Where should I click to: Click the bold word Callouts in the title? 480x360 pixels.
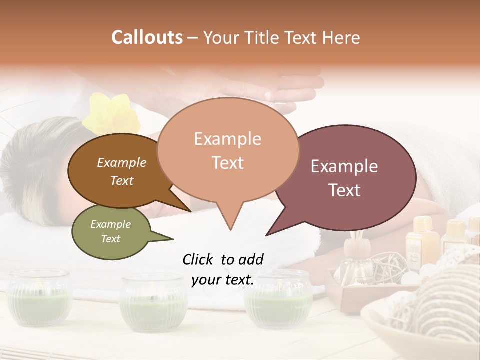point(147,37)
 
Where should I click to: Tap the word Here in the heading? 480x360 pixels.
point(340,37)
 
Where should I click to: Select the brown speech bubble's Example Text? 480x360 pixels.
point(121,171)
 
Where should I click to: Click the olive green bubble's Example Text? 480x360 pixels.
point(110,231)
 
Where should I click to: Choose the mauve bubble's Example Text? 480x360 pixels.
point(344,178)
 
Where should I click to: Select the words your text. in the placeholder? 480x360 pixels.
point(223,280)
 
